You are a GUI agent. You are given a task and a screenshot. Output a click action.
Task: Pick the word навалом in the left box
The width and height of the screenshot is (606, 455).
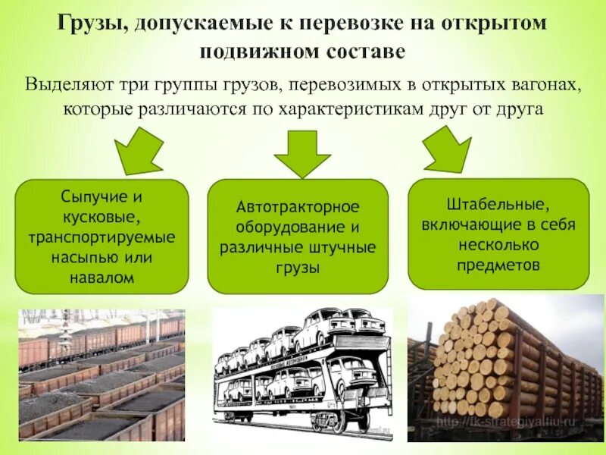(x=102, y=278)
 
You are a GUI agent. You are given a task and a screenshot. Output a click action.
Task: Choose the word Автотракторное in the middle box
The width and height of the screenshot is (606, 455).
(x=298, y=206)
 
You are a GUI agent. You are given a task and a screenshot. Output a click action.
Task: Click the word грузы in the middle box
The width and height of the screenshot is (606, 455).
(x=298, y=268)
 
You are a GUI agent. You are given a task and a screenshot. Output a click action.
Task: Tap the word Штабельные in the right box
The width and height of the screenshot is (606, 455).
(x=498, y=204)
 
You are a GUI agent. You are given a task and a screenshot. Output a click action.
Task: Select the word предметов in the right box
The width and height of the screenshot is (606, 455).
(x=498, y=265)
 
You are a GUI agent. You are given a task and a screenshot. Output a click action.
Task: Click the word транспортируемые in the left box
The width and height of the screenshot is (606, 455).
(x=102, y=237)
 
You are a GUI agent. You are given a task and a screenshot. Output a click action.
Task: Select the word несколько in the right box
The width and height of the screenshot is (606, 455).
(x=498, y=245)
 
